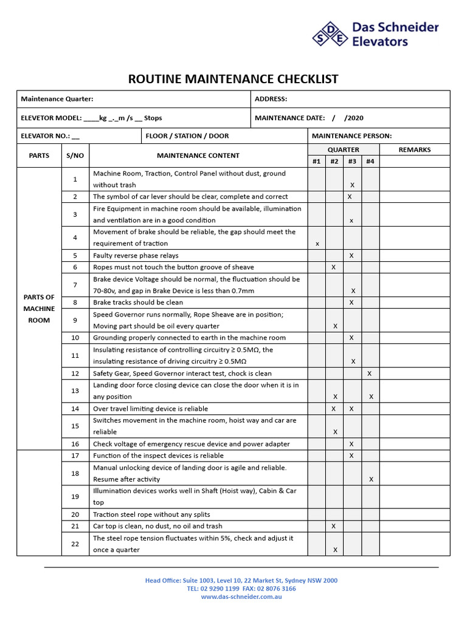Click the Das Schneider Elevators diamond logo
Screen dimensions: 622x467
[330, 35]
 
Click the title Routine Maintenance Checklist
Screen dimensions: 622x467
[233, 79]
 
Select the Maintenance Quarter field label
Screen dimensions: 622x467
[57, 99]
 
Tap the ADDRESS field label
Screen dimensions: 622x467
[271, 99]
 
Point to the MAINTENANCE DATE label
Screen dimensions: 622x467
[289, 118]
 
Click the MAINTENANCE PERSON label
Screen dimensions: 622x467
[351, 136]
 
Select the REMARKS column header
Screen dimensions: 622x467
[414, 149]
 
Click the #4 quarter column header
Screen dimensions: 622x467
[370, 162]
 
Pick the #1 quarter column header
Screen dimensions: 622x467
[316, 162]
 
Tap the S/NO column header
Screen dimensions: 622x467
[75, 155]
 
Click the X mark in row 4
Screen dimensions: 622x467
[317, 244]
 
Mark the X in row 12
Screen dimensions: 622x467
[370, 374]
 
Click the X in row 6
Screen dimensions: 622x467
[333, 267]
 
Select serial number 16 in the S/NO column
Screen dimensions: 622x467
[75, 444]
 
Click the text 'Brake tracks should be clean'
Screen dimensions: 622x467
[138, 302]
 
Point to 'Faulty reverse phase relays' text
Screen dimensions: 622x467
[136, 256]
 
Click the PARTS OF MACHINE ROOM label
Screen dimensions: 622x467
[39, 309]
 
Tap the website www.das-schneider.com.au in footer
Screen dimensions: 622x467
[241, 596]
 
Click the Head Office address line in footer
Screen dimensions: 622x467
[241, 581]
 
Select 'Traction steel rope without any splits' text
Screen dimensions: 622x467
[151, 514]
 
